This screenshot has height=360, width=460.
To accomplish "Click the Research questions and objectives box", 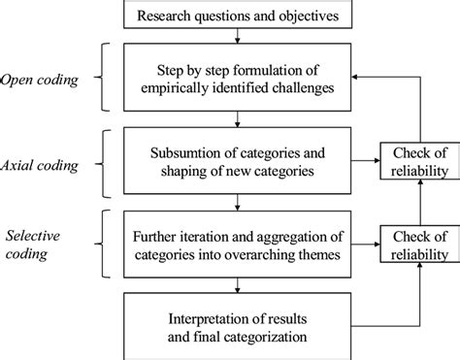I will pyautogui.click(x=240, y=16).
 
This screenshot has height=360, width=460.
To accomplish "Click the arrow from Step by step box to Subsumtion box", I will pyautogui.click(x=240, y=121).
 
